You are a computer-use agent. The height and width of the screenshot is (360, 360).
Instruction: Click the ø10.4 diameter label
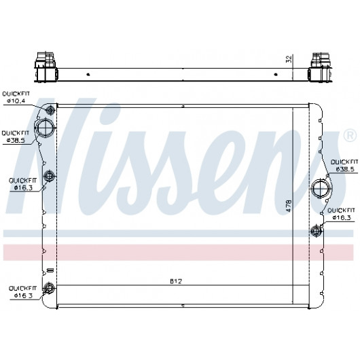point(16,101)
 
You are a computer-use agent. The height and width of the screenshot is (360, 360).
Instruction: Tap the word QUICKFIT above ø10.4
point(16,94)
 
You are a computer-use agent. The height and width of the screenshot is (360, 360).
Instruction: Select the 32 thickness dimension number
point(289,59)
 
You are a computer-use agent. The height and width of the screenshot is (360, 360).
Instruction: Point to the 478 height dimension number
point(289,206)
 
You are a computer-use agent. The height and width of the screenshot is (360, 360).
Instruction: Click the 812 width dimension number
point(176,281)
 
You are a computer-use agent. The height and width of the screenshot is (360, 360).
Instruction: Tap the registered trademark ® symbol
point(350,136)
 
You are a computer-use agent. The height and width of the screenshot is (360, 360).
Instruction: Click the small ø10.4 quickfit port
point(50,109)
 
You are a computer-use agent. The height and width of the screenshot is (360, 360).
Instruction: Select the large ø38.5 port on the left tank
point(46,128)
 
